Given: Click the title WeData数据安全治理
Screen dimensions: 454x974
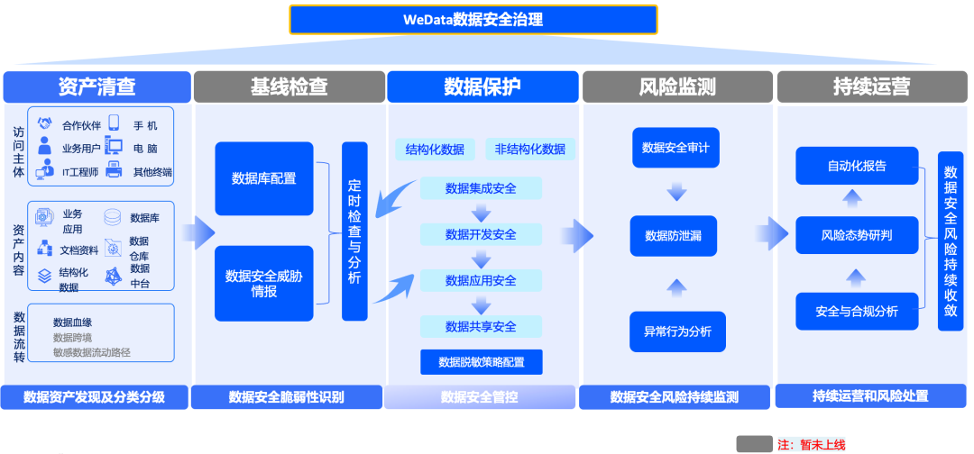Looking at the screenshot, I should (473, 19).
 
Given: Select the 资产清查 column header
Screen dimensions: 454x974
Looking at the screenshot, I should (96, 86).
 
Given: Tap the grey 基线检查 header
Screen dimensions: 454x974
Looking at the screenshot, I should (289, 86).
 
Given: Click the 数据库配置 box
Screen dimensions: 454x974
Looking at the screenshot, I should (263, 178).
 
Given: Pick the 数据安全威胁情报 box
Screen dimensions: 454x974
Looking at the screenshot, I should (263, 284).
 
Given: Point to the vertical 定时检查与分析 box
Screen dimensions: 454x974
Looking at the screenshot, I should (354, 232).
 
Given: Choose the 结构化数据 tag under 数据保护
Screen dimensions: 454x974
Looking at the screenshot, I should (435, 150).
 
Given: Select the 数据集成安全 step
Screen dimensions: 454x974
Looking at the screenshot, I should (481, 188).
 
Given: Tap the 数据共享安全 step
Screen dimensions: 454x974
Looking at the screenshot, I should (481, 326).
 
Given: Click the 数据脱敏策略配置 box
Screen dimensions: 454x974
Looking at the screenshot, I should (481, 362).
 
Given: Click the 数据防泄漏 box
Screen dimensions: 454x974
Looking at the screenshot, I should (676, 235).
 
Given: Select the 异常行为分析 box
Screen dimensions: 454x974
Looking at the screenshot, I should (676, 331).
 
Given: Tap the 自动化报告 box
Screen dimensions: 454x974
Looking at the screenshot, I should (857, 166).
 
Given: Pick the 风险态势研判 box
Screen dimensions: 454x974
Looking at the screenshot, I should (857, 236).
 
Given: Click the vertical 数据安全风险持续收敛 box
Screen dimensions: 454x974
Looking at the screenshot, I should (951, 241).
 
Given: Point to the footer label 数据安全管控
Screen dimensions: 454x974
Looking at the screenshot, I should (479, 396).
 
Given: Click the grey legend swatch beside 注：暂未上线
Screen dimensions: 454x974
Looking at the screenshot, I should (754, 443).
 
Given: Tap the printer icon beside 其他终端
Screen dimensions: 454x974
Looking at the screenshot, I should (114, 171).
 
